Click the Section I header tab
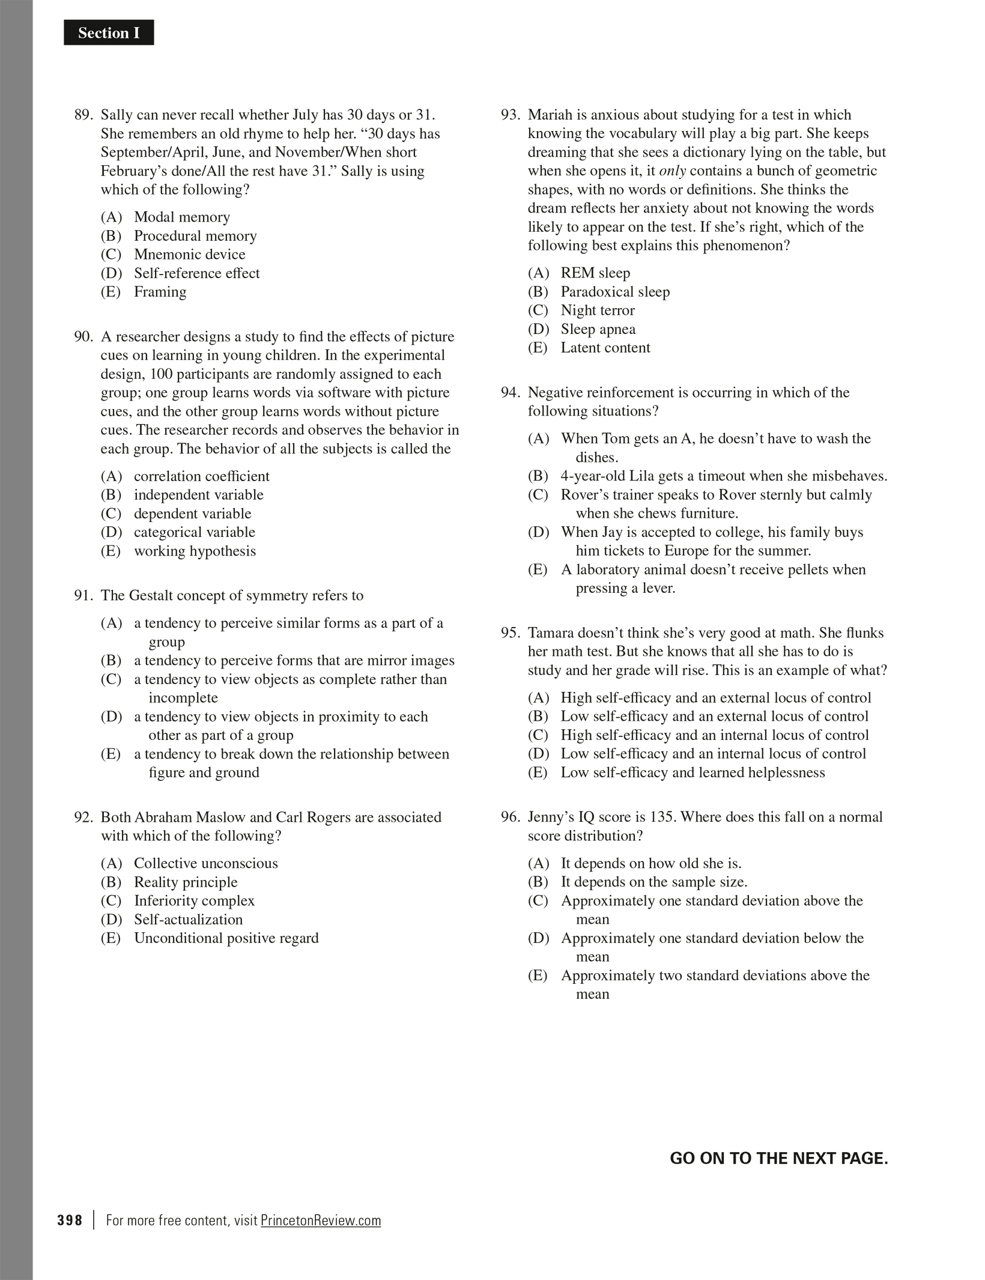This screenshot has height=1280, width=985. pos(109,33)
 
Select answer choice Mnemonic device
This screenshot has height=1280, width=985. pos(189,254)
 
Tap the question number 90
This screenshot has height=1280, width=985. pos(83,336)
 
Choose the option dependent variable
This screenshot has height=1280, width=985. pos(192,514)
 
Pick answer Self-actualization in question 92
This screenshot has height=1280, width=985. pos(188,919)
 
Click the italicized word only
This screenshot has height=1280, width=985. pos(672,171)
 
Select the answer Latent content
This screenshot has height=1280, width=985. pos(605,348)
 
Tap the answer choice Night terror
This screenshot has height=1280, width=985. pos(597,311)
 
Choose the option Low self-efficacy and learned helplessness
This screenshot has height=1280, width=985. pos(693,772)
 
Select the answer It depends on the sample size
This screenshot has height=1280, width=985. pos(653,882)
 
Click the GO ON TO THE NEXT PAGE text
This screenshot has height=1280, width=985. pos(778,1159)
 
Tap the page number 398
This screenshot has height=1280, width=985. pos(70,1221)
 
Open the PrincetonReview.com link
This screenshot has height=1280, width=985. pos(321,1221)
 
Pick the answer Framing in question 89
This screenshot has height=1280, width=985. pos(160,292)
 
